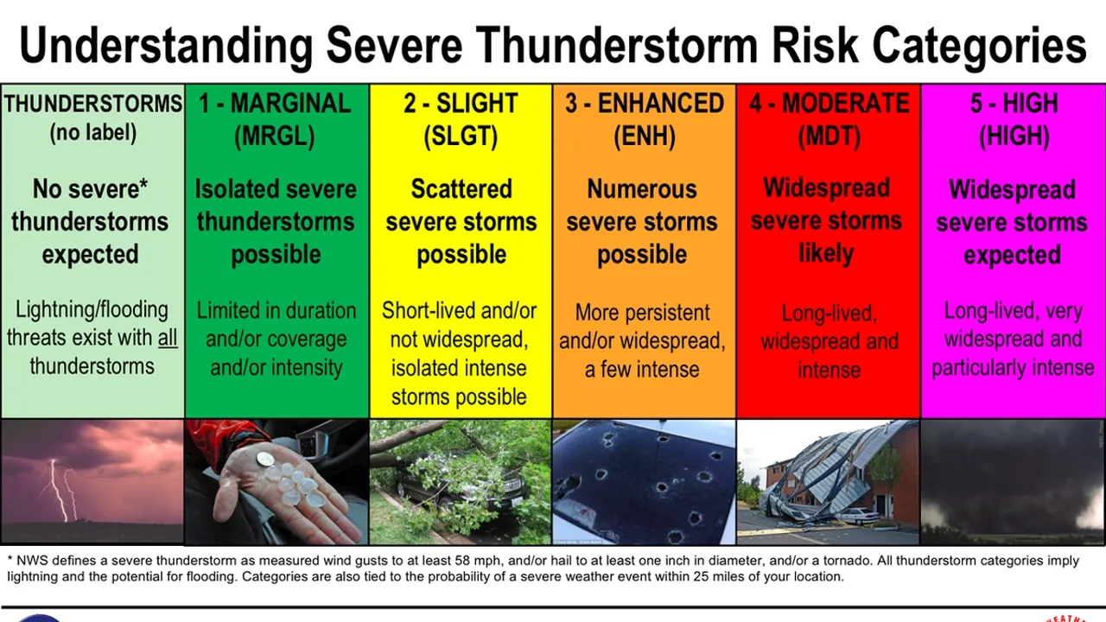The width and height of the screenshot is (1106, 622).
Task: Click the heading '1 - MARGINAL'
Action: (x=276, y=104)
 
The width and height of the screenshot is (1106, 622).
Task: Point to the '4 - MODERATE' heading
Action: (x=829, y=104)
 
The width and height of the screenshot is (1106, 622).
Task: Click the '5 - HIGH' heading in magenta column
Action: (x=1013, y=104)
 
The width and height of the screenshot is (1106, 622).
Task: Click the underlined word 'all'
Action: (x=168, y=338)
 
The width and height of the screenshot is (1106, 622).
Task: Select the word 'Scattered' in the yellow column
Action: (x=461, y=189)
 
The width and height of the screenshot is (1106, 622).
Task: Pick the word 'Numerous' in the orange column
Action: (x=642, y=189)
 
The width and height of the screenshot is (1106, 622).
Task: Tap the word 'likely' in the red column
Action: (x=827, y=254)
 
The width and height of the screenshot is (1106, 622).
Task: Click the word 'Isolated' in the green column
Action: (x=228, y=189)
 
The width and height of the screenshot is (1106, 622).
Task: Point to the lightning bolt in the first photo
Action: (x=59, y=488)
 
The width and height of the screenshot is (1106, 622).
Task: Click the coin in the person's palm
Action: (x=266, y=460)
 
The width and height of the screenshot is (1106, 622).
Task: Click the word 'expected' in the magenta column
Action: (x=1012, y=256)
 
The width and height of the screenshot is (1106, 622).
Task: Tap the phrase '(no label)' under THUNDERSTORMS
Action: (x=92, y=134)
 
